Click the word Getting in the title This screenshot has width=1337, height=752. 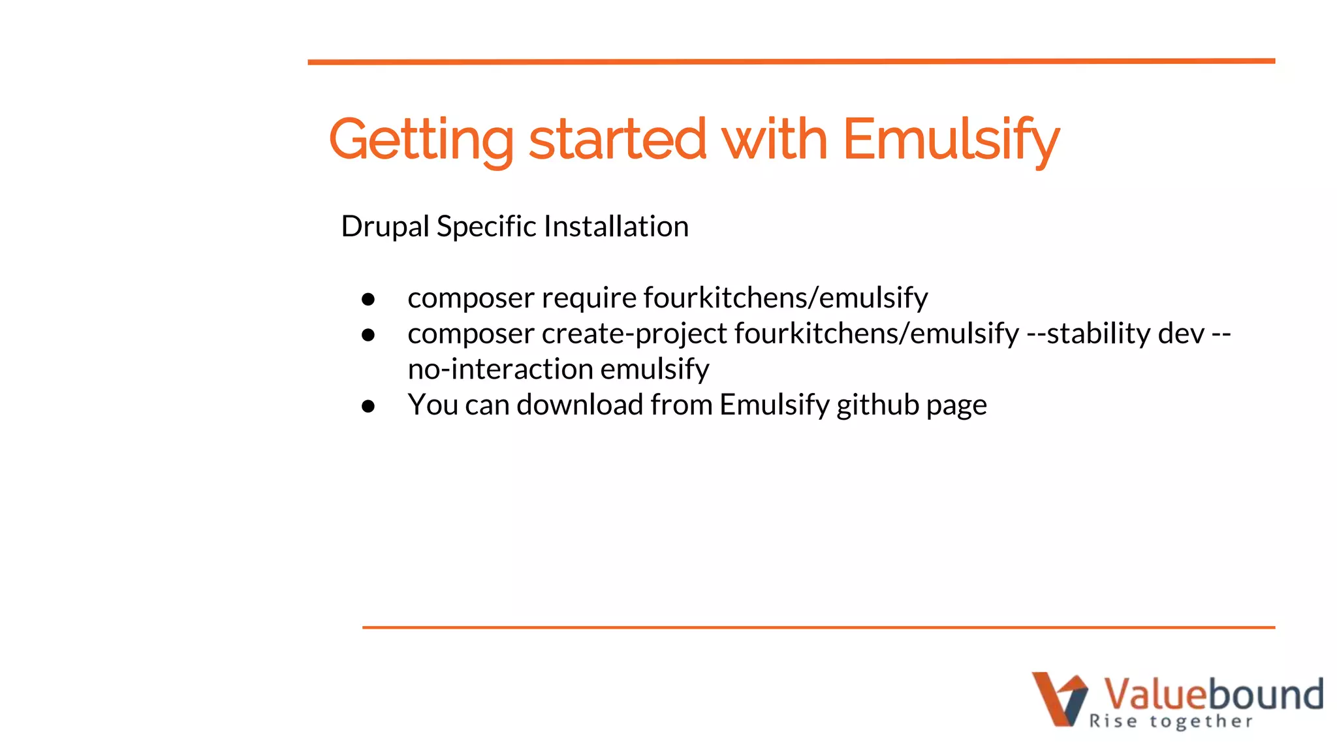pos(421,139)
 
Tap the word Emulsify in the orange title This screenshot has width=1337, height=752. pos(951,139)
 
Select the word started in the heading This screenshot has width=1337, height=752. pos(617,139)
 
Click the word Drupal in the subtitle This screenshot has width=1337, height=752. pos(385,227)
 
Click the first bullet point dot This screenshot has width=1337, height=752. pos(368,299)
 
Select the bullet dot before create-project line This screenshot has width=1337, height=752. pos(368,335)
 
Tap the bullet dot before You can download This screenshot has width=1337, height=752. pos(368,406)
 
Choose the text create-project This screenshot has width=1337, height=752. pos(634,334)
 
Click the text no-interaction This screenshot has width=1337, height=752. pos(500,369)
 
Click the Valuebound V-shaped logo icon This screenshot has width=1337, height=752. pos(1058,698)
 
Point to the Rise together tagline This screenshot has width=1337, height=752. pos(1171,721)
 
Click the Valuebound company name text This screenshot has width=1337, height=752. pos(1213,693)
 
